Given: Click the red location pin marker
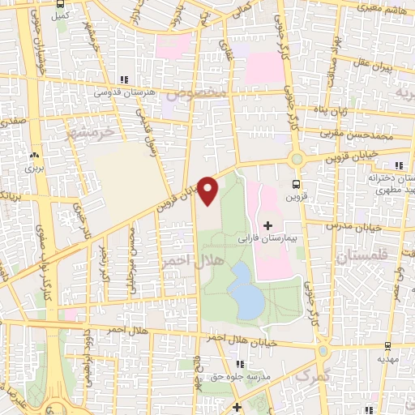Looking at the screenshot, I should pyautogui.click(x=208, y=190).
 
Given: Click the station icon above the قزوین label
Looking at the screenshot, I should pyautogui.click(x=295, y=184).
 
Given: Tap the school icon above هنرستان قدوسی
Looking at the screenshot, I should pyautogui.click(x=123, y=79).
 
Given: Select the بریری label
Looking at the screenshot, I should pyautogui.click(x=33, y=169).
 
